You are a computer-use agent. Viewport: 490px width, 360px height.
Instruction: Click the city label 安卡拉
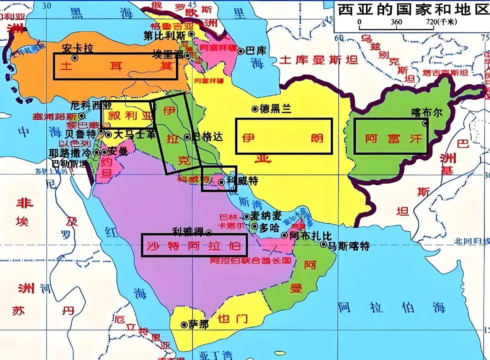click(x=77, y=48)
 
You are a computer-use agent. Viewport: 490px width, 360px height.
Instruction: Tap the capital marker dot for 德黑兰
click(x=255, y=109)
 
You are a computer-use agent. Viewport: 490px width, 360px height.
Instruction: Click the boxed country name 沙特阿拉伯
click(x=194, y=245)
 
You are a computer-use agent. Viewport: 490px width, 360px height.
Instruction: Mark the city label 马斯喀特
click(x=349, y=246)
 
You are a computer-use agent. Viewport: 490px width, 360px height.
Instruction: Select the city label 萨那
click(x=199, y=325)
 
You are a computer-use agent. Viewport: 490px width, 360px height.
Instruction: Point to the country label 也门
click(x=232, y=318)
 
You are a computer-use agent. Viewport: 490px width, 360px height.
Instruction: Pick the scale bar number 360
click(x=397, y=22)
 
